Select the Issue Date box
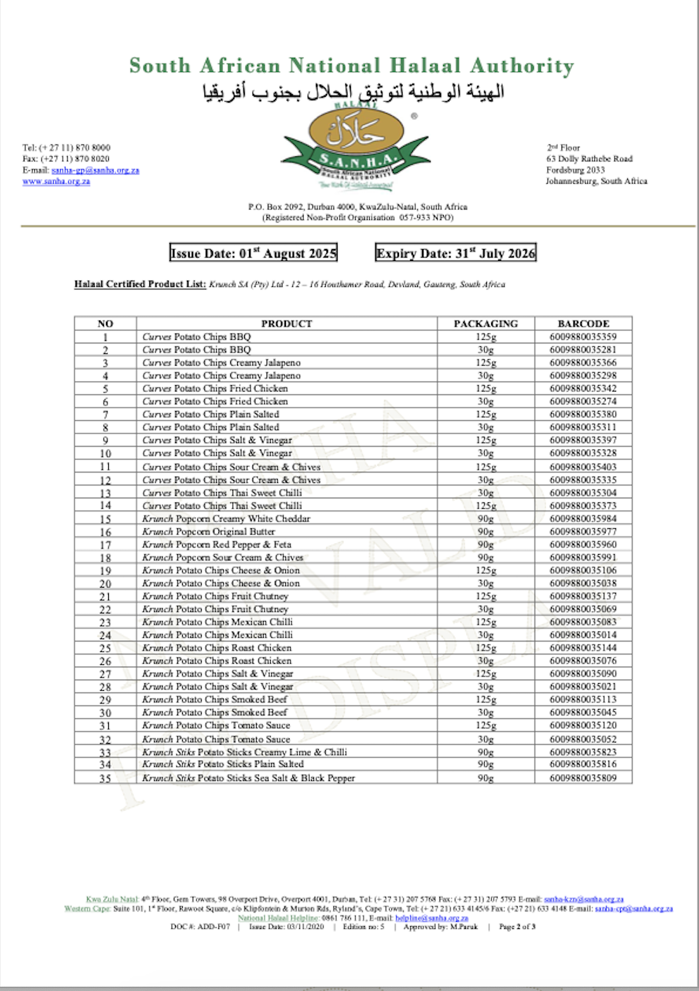253,253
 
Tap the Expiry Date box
456,253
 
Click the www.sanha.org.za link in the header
57,181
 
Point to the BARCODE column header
583,324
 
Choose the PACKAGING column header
486,324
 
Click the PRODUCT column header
286,324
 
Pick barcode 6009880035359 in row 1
583,336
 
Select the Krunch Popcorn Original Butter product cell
209,532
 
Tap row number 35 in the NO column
105,778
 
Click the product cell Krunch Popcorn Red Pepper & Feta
217,544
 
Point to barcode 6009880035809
583,777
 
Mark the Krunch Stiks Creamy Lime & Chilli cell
244,752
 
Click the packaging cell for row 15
486,519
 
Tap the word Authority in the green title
522,66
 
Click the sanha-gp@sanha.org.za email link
96,170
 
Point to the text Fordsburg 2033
576,170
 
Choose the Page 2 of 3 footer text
517,927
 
